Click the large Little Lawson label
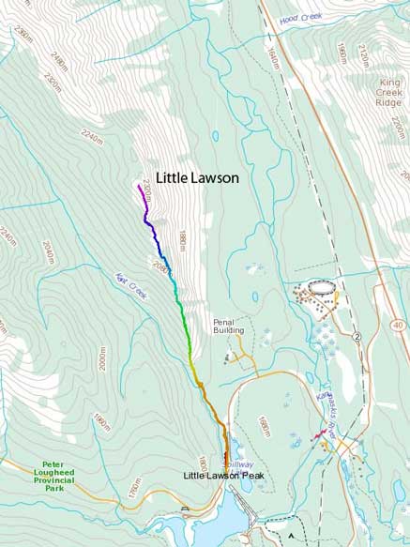click(197, 177)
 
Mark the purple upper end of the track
click(139, 186)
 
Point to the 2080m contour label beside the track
click(160, 268)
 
